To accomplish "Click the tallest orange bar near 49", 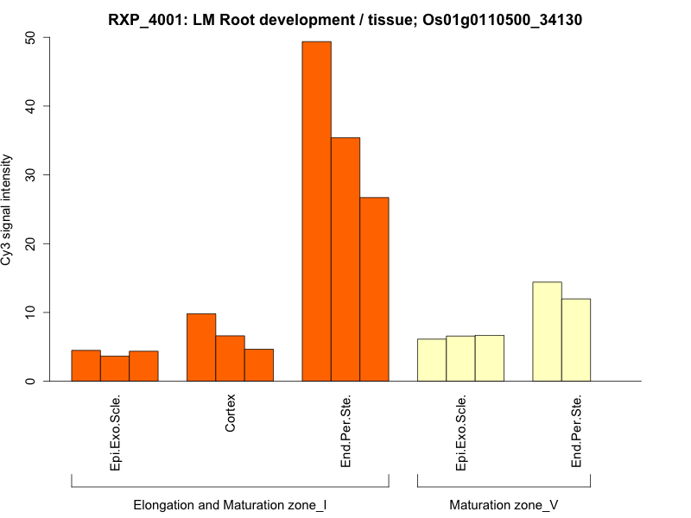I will click(x=316, y=212).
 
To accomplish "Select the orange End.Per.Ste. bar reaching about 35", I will click(x=345, y=259).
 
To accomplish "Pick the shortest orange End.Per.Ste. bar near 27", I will click(x=374, y=289).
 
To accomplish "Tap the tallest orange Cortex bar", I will click(x=201, y=347).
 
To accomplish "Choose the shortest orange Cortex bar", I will click(x=259, y=364).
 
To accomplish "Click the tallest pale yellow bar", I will click(x=547, y=332).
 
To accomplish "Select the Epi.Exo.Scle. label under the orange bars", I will click(x=116, y=432).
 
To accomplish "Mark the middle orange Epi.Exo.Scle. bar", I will click(x=115, y=368).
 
